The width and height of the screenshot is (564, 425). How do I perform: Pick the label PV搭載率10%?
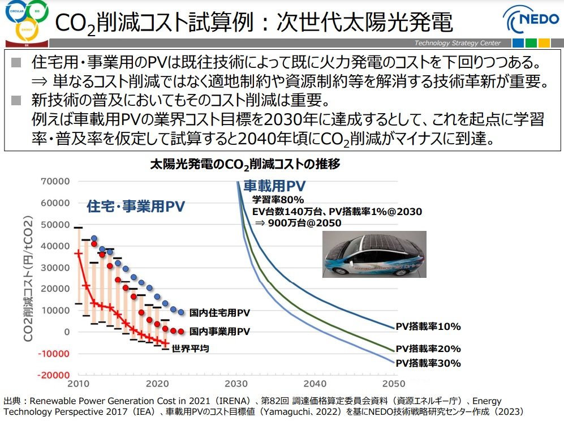428,327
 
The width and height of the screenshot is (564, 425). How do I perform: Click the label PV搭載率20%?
428,349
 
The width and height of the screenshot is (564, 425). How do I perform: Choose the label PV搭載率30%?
428,363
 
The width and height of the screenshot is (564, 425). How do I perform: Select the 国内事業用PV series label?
219,332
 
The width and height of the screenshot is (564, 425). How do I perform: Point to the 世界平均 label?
190,349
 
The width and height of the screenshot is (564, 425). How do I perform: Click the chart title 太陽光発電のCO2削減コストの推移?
245,165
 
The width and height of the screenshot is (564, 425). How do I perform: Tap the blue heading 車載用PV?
274,186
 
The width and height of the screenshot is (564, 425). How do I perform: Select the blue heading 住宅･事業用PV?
136,207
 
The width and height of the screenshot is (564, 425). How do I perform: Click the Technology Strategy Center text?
457,43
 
